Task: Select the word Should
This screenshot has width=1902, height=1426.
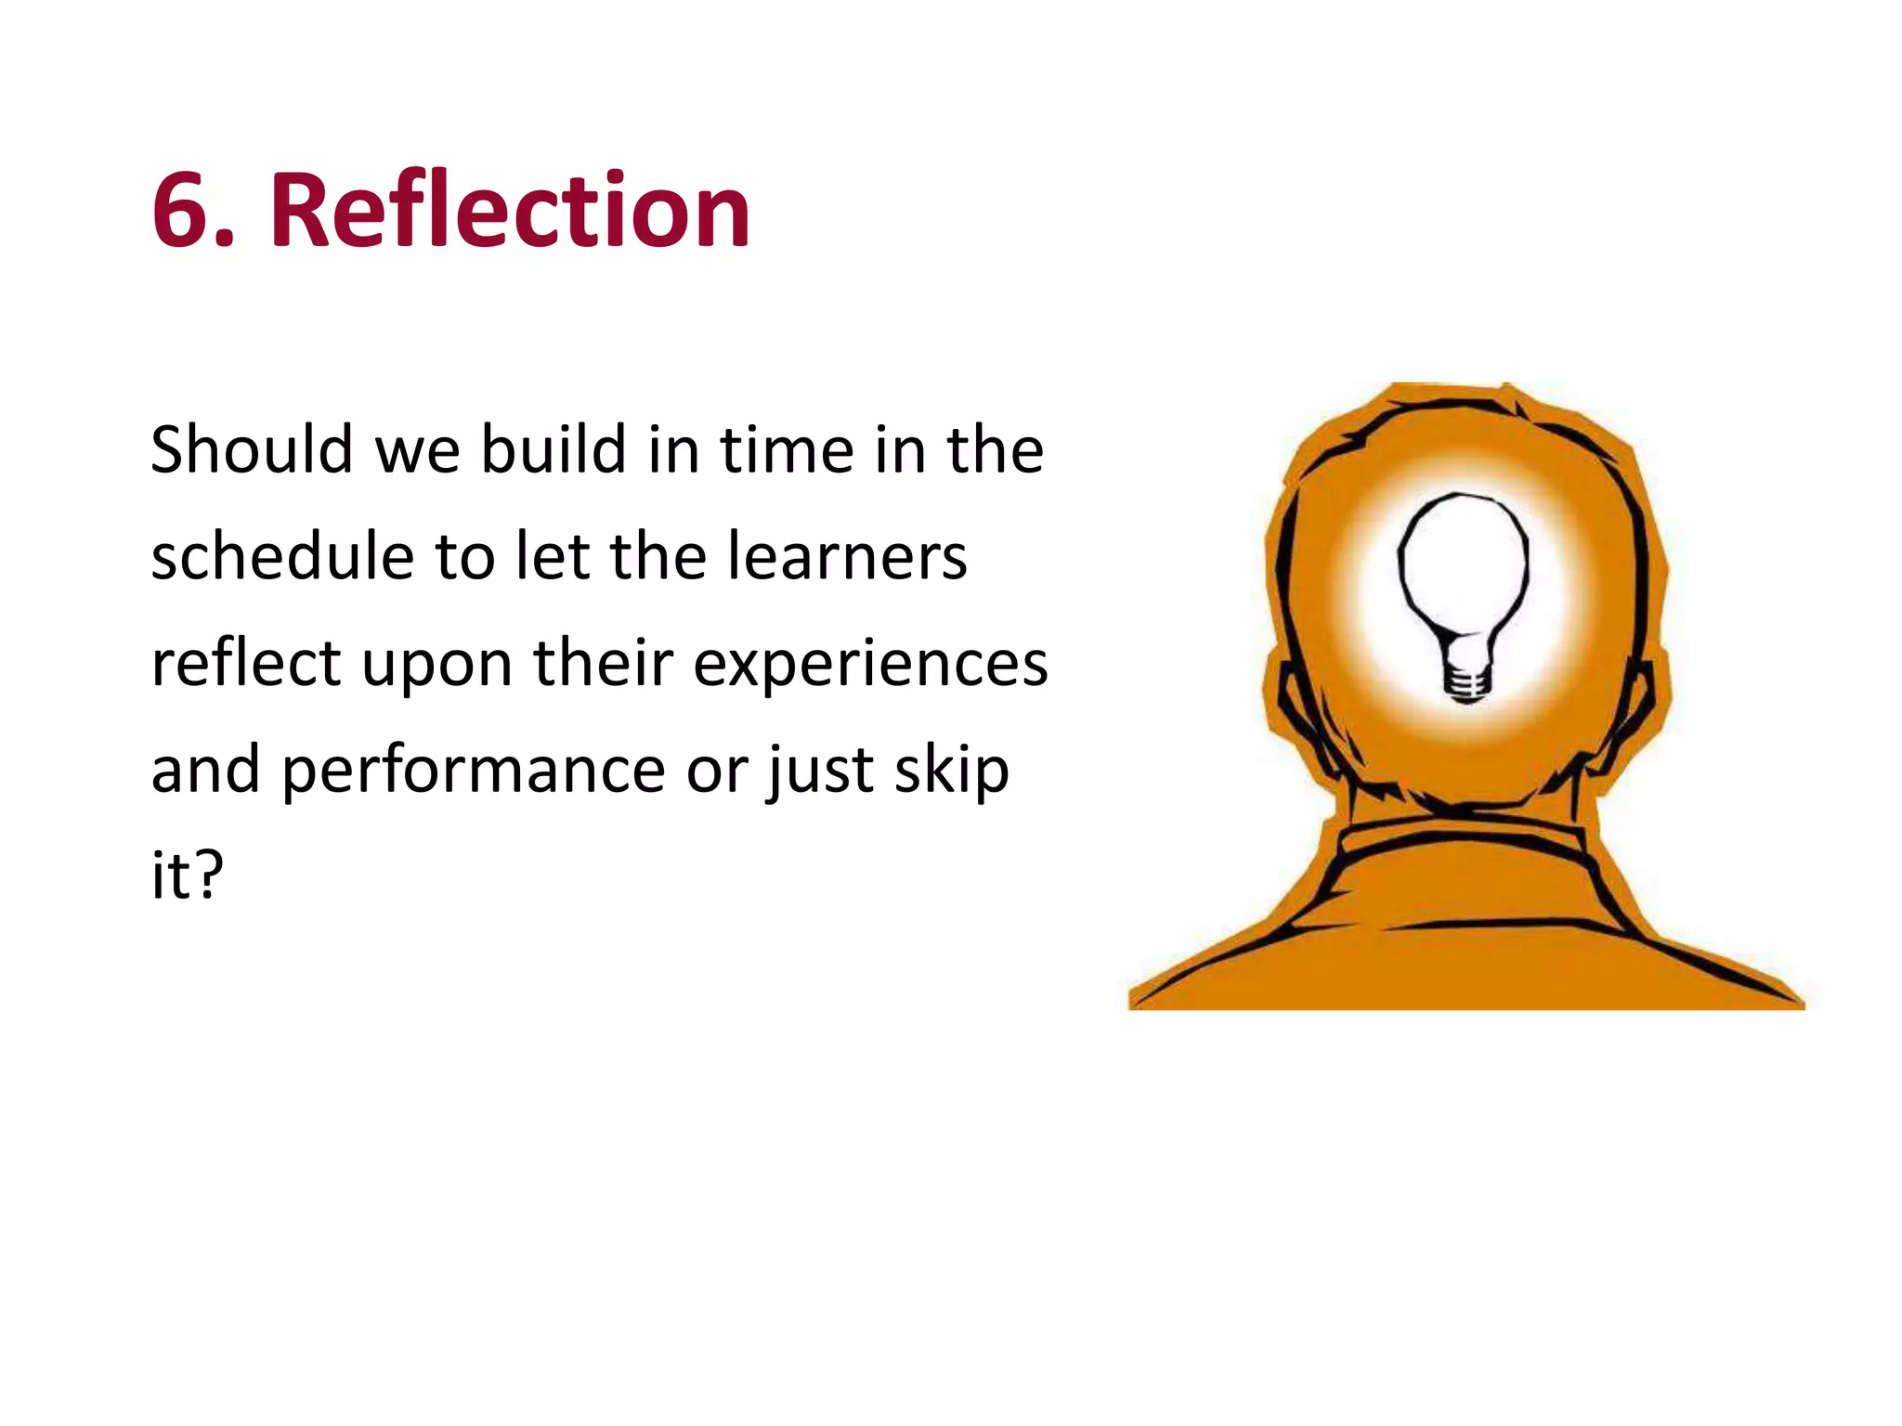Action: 251,450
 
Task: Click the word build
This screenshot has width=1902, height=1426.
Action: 554,450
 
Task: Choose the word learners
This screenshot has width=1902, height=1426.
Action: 846,557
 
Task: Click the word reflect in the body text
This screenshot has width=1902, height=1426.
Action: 246,664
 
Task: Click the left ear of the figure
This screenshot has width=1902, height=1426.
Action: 1296,715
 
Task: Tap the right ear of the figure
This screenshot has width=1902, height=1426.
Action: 1639,715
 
